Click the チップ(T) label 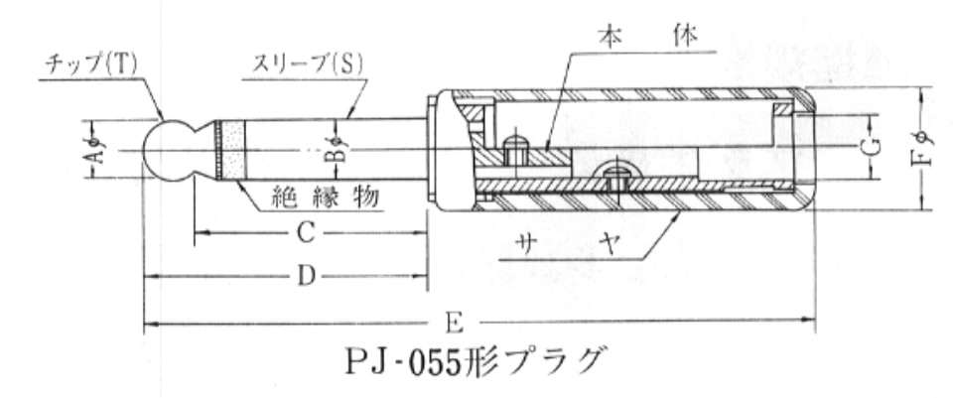tap(91, 66)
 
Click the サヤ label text tap(567, 244)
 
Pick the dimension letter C tap(305, 232)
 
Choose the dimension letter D tap(307, 277)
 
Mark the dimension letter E tap(455, 324)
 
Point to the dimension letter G tap(873, 147)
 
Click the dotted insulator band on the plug tap(233, 150)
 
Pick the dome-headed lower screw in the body tap(616, 177)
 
